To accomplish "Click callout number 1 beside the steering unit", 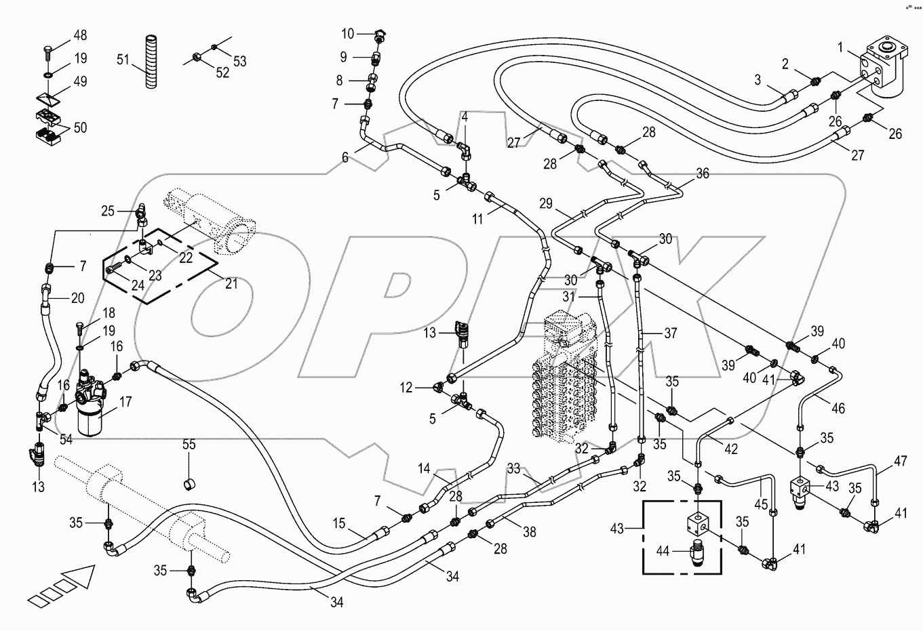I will point(840,47).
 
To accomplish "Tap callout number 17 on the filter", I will point(125,402).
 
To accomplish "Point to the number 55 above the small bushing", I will point(189,445).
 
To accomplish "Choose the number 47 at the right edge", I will point(900,462).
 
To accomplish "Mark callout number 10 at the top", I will point(347,33).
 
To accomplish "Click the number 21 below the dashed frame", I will point(231,284).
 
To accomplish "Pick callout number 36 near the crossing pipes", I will point(703,174).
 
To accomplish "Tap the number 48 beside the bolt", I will point(80,35).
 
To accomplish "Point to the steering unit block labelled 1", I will point(882,64).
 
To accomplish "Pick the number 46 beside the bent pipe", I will point(838,408).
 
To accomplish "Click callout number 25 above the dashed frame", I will point(109,211).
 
